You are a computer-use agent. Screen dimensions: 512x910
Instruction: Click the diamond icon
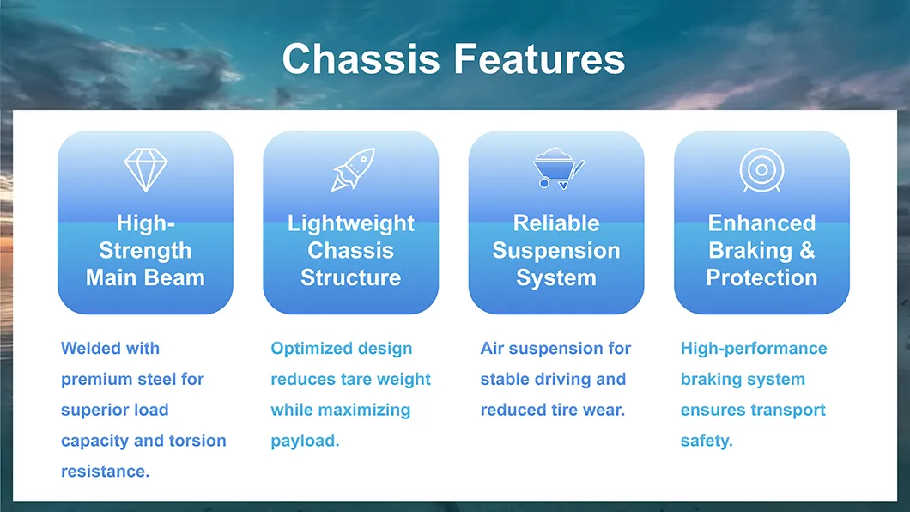145,170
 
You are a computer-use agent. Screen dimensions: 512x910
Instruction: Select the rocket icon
352,169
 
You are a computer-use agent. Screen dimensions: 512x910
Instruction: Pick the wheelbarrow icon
557,168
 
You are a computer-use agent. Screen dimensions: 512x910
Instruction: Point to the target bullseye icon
761,170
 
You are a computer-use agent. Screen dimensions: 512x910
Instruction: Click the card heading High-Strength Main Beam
145,251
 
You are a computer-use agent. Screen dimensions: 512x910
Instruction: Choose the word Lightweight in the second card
350,223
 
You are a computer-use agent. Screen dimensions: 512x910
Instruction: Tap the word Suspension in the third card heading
556,251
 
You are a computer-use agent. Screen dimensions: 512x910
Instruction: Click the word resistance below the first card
104,472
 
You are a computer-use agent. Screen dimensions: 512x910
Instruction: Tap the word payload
304,441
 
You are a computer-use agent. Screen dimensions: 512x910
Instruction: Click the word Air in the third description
492,349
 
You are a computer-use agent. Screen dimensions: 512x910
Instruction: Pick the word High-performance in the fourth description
754,349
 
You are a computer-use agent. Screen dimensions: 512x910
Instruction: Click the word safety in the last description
706,441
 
